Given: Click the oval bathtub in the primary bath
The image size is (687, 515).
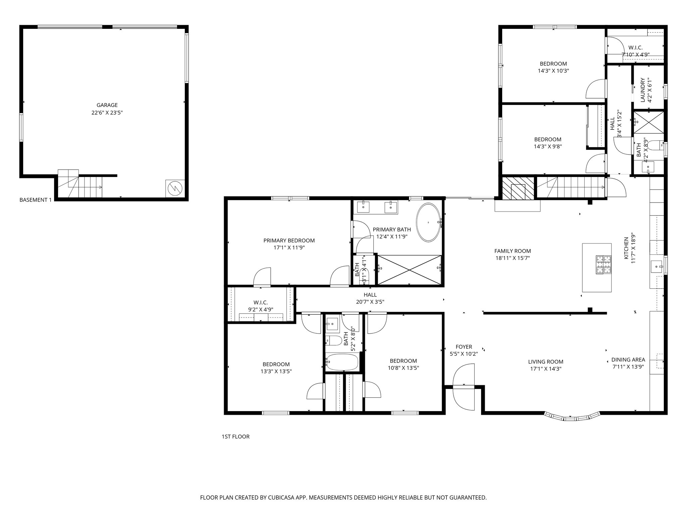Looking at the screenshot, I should pyautogui.click(x=428, y=222).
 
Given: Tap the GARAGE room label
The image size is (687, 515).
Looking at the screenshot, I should pyautogui.click(x=107, y=105).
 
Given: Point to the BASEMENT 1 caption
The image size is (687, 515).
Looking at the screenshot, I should pyautogui.click(x=36, y=200).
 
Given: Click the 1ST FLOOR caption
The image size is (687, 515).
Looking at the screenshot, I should pyautogui.click(x=235, y=437).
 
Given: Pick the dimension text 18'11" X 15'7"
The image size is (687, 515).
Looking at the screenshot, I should pyautogui.click(x=513, y=258).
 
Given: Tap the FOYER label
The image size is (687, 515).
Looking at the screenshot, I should pyautogui.click(x=464, y=347).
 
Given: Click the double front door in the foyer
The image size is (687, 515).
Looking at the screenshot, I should pyautogui.click(x=464, y=387).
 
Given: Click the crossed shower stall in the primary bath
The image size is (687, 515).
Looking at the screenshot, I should pyautogui.click(x=410, y=270).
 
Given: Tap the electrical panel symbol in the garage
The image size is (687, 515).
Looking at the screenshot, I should pyautogui.click(x=175, y=189).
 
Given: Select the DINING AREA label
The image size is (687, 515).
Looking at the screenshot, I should pyautogui.click(x=628, y=360).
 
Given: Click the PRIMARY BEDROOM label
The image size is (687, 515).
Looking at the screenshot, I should pyautogui.click(x=289, y=240).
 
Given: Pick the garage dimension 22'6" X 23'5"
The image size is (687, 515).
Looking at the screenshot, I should pyautogui.click(x=107, y=113).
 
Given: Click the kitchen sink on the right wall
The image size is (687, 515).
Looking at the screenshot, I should pyautogui.click(x=657, y=267).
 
